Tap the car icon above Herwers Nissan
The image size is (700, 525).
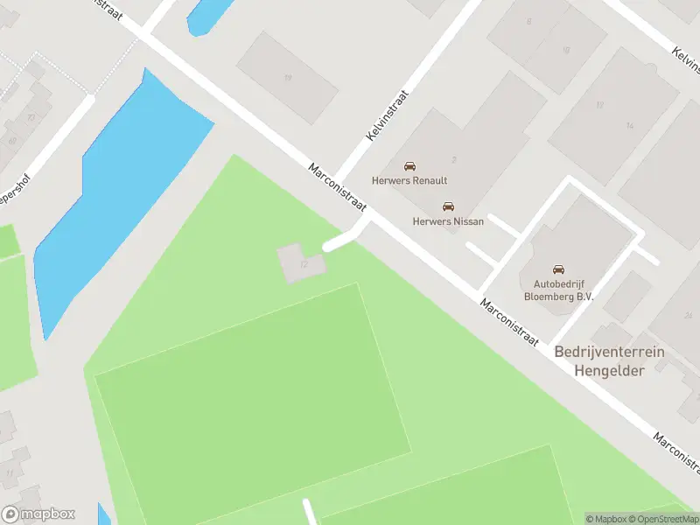[448, 207]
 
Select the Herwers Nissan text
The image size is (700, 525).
[448, 221]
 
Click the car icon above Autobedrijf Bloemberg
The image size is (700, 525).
[559, 269]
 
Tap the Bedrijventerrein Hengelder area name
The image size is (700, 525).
[609, 360]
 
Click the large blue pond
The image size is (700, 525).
[122, 192]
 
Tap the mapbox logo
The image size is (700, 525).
[38, 514]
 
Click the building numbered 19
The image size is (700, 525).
[287, 77]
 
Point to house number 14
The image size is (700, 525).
[629, 126]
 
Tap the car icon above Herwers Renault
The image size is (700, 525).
[409, 166]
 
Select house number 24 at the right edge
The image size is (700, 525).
[689, 315]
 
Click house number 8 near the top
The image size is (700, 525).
[528, 21]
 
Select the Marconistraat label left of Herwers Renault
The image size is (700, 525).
[337, 184]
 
